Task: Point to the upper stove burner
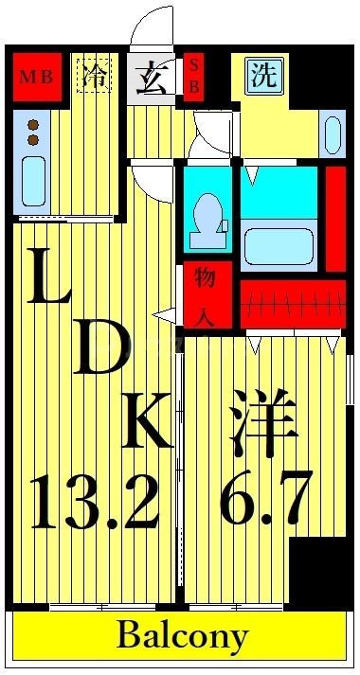32,124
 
